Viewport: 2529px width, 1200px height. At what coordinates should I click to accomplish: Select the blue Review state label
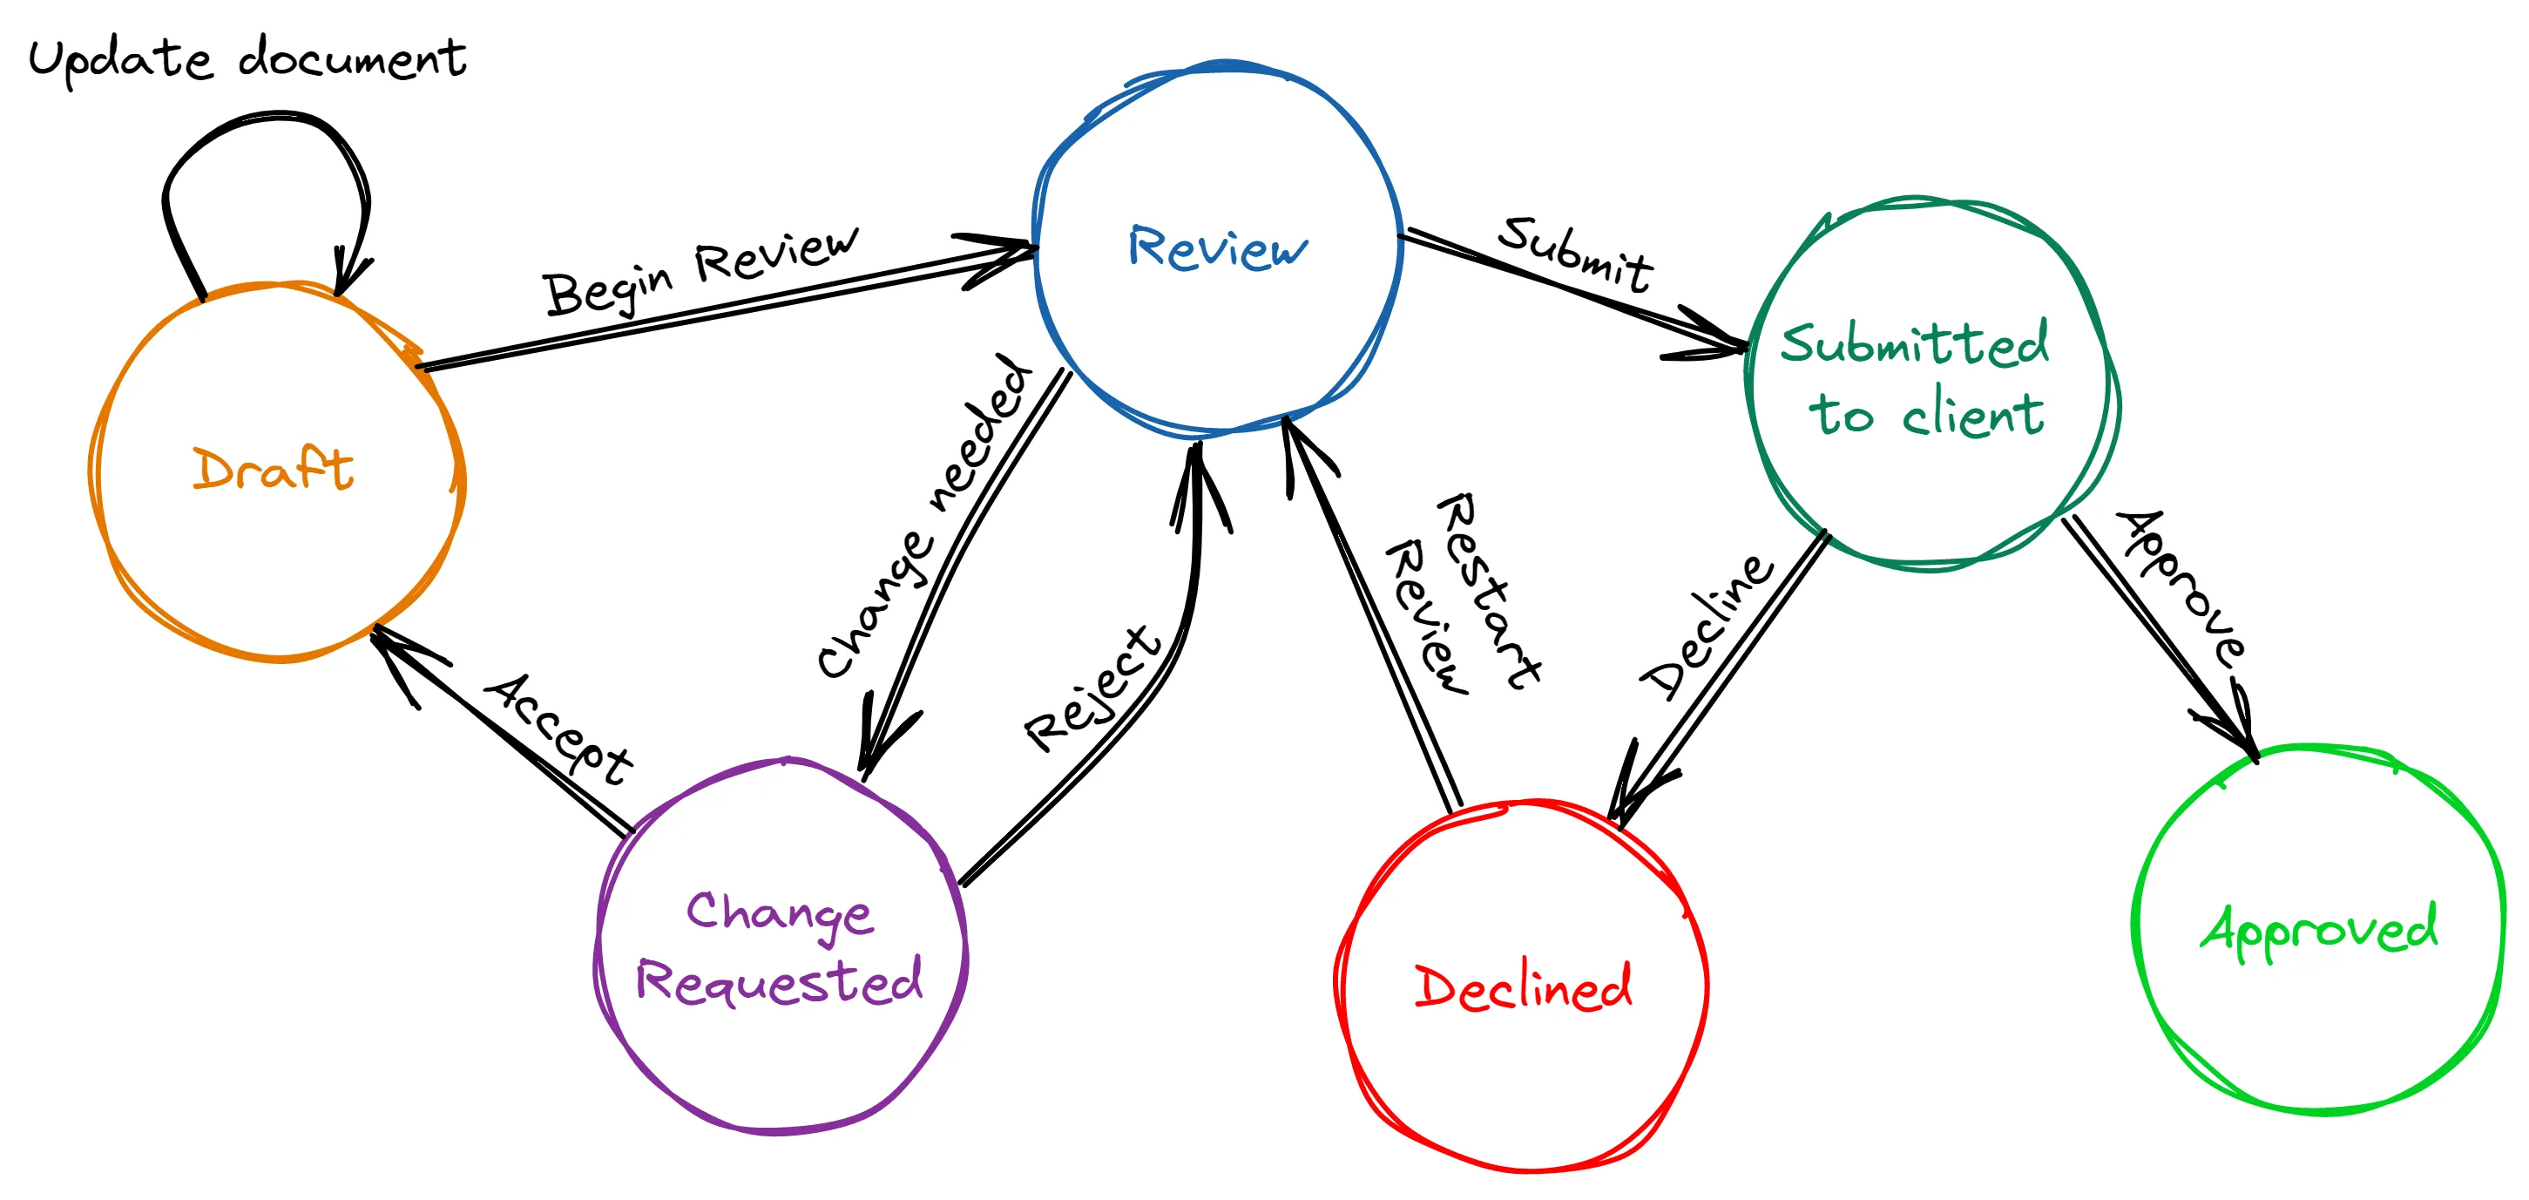(1217, 247)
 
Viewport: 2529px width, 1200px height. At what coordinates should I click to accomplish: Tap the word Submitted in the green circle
(1915, 343)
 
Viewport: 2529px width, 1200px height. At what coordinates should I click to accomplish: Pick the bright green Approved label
(2318, 929)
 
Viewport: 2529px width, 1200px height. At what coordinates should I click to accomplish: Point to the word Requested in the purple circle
(780, 980)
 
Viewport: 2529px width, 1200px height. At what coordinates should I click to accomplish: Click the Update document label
(247, 59)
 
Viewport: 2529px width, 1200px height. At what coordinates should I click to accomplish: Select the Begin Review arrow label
(700, 271)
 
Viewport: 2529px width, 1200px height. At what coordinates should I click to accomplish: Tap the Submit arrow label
(1576, 254)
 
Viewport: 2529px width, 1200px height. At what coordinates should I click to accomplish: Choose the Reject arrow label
(1092, 688)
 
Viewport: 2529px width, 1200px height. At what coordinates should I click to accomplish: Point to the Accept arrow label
(558, 728)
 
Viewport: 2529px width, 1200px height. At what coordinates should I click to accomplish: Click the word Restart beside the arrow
(1488, 589)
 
